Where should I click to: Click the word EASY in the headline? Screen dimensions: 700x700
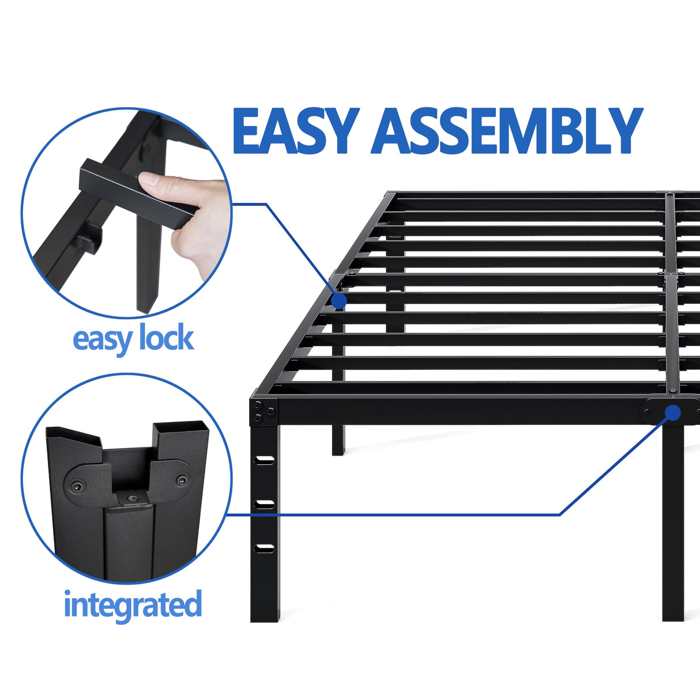[x=295, y=131]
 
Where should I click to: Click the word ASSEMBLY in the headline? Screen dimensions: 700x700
[x=507, y=131]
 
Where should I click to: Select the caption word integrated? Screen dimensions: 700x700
[x=133, y=604]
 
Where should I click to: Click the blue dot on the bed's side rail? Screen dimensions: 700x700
[x=339, y=300]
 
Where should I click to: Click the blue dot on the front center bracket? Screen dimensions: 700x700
[x=672, y=412]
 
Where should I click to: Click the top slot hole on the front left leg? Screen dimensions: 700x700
[x=265, y=460]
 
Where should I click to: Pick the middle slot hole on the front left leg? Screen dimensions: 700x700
[x=265, y=503]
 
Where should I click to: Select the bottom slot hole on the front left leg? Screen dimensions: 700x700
[x=265, y=547]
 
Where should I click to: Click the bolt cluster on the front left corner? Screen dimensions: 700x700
[x=264, y=410]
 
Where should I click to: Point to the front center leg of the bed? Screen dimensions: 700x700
[x=672, y=519]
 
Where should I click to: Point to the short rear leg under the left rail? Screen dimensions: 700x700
[x=338, y=438]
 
